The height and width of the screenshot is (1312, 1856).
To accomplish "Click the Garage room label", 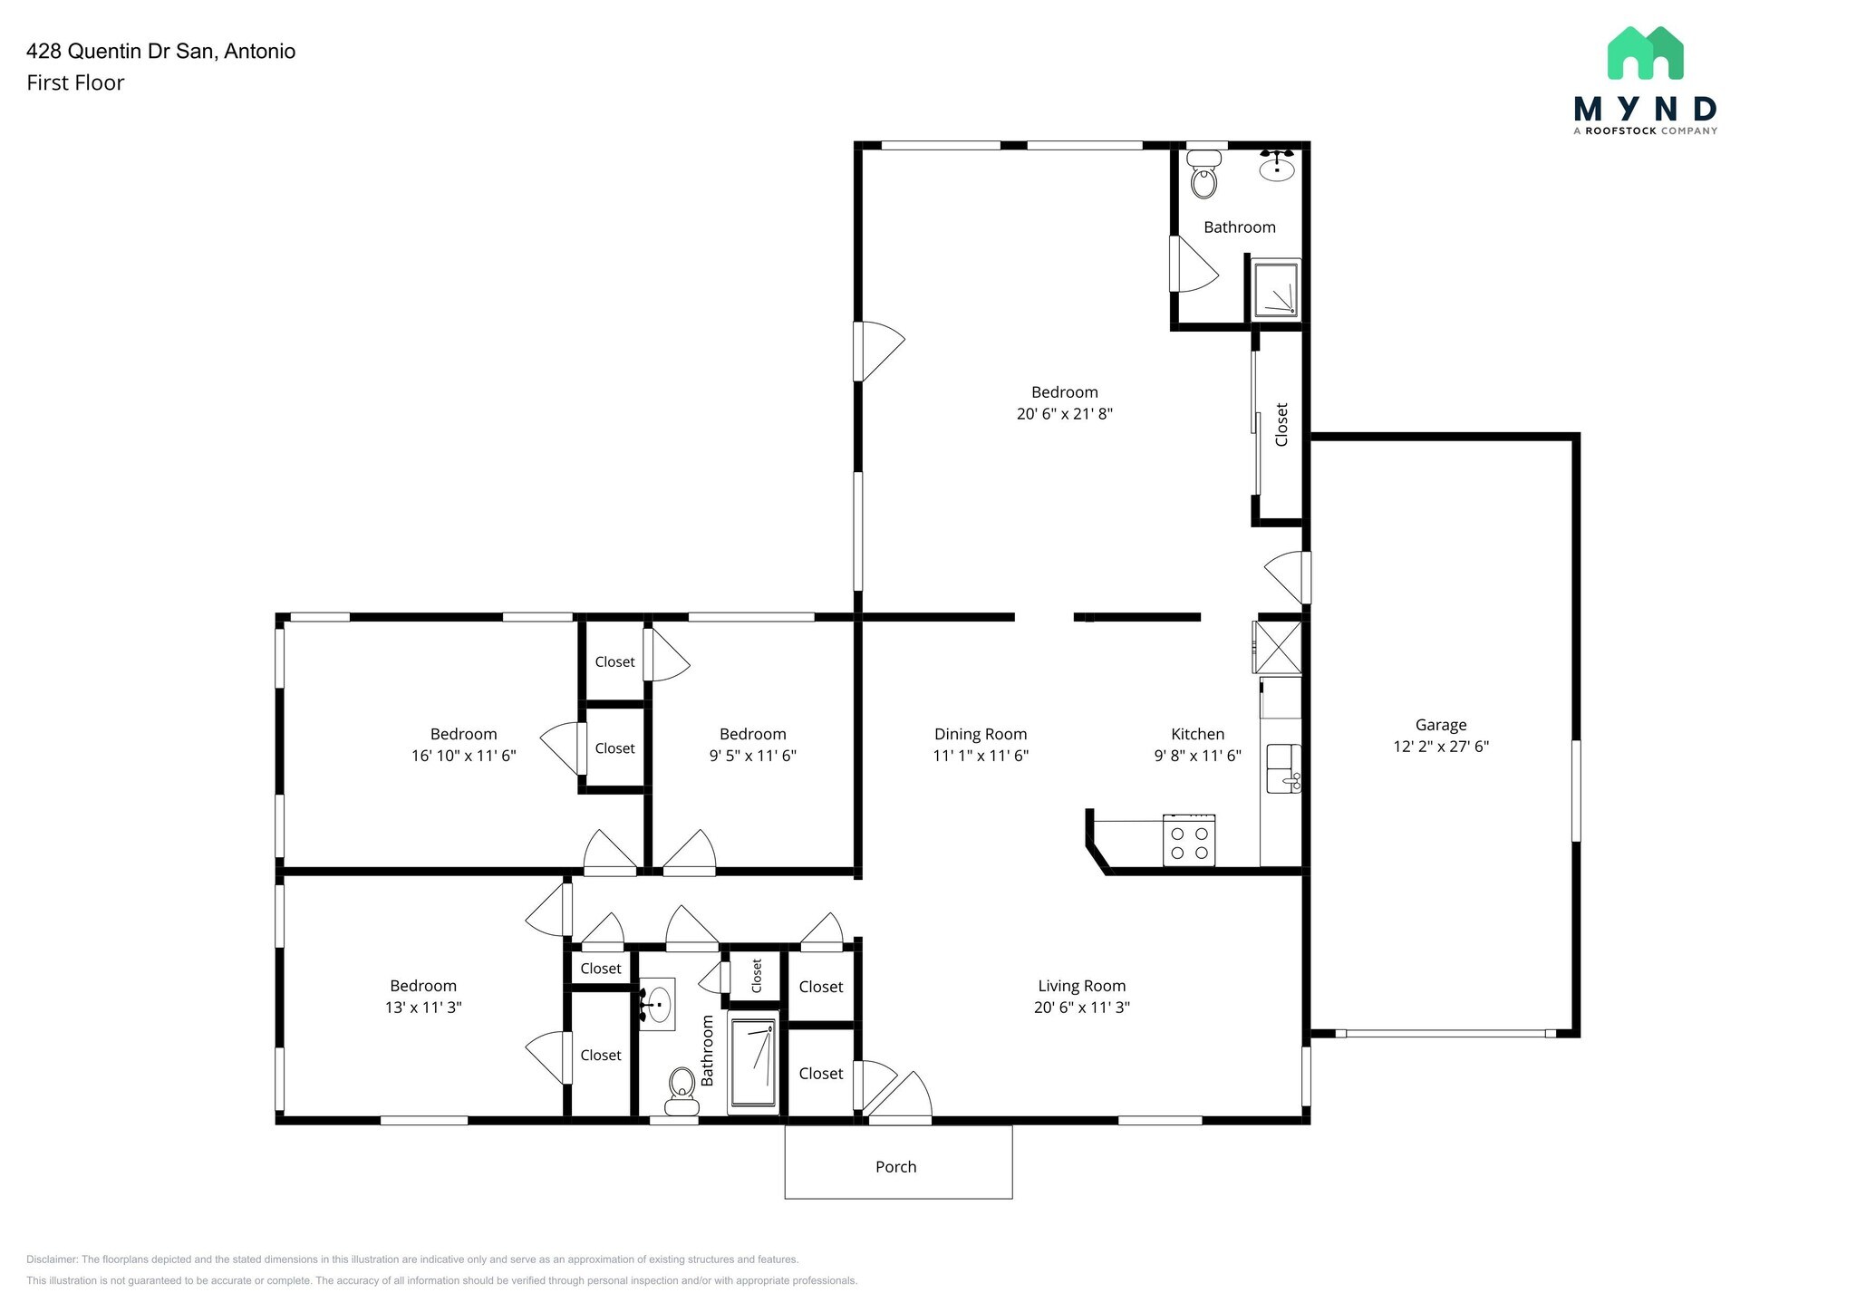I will tap(1440, 725).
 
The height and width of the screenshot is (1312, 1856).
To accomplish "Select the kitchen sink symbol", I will tap(1282, 768).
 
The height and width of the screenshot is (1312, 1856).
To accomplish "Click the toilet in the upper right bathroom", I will tap(1203, 176).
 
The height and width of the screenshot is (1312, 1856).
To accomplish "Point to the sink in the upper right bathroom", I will tap(1277, 167).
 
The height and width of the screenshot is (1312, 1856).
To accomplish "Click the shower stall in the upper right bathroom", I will tap(1276, 288).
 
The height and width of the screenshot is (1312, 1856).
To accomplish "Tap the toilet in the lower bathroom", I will tap(681, 1090).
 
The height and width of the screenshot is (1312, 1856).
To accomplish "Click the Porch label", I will tap(895, 1167).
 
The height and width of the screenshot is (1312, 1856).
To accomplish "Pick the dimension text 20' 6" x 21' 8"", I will tap(1064, 414).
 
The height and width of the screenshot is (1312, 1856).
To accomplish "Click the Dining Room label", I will tap(981, 734).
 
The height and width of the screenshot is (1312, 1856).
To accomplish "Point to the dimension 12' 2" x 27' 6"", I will tap(1441, 747).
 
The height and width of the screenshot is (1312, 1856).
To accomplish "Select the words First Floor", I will tap(75, 82).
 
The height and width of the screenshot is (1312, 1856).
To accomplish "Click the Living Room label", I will tap(1081, 986).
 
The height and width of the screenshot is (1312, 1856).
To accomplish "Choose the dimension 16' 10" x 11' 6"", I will tap(463, 756).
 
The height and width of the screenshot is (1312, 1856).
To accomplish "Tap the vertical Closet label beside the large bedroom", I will tap(1281, 425).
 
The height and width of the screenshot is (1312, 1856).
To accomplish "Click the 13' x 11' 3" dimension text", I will tap(423, 1008).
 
